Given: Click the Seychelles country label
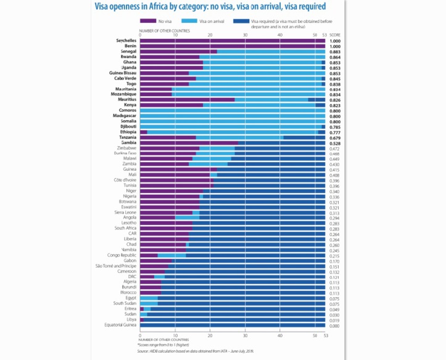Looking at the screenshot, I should coord(126,40).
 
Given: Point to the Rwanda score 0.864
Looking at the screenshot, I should coord(336,57).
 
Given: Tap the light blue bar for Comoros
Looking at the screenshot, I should coord(232,110).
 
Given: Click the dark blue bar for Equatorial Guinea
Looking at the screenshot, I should coord(232,326).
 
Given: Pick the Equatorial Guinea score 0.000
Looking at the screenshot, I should coord(336,326).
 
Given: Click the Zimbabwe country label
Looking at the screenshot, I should coord(126,149).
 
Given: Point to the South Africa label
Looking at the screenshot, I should coord(124,228).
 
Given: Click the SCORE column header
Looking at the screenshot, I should coord(335,35).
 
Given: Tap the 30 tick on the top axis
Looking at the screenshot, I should coord(245,35).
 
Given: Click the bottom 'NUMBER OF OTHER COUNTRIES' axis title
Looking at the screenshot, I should coord(163,340).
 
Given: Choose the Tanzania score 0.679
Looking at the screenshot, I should coord(336,137).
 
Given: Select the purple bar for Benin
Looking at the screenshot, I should coord(232,46).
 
